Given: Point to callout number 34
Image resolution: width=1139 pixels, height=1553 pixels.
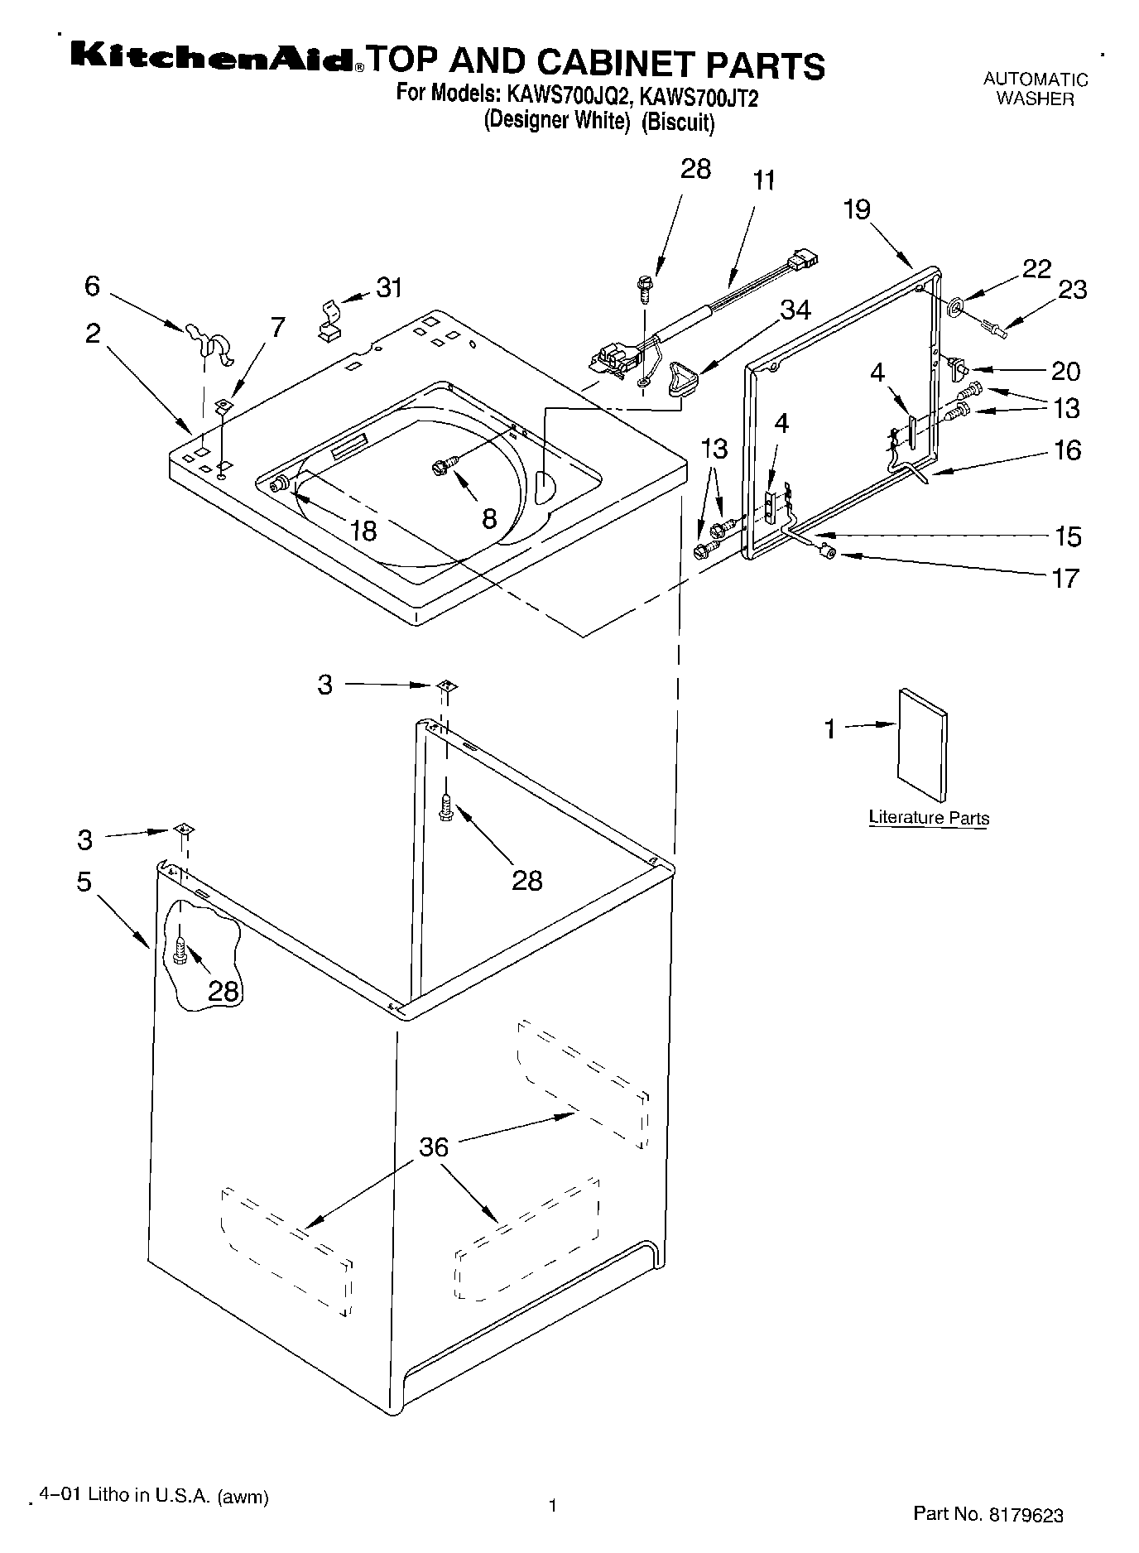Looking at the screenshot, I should (795, 309).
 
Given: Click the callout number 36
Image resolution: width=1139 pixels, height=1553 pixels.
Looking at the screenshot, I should (434, 1147).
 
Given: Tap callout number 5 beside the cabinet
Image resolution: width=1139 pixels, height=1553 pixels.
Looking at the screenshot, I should (84, 882).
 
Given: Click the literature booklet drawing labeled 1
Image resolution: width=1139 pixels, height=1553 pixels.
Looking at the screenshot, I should (922, 744).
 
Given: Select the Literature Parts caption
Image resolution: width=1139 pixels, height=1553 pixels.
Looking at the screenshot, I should (929, 818).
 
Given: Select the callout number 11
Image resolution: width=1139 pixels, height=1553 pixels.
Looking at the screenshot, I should (764, 180).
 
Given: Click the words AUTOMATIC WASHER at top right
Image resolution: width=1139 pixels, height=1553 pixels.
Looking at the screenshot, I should (1035, 89).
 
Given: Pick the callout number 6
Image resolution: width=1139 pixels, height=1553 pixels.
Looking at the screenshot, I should (92, 286).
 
